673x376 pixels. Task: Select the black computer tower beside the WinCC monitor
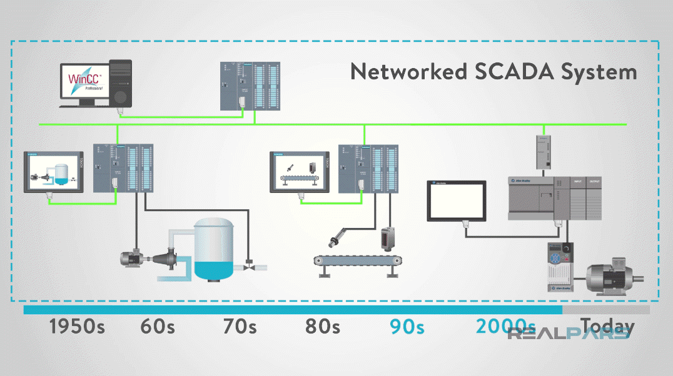(x=120, y=83)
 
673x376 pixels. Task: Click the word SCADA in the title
(x=510, y=71)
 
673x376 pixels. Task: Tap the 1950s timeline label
(x=77, y=327)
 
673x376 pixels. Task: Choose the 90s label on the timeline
(x=407, y=327)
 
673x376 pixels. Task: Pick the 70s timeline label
(x=241, y=327)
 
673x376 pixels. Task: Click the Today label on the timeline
(x=607, y=326)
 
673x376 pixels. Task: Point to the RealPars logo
(x=568, y=333)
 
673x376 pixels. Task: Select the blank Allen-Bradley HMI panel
(x=457, y=200)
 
